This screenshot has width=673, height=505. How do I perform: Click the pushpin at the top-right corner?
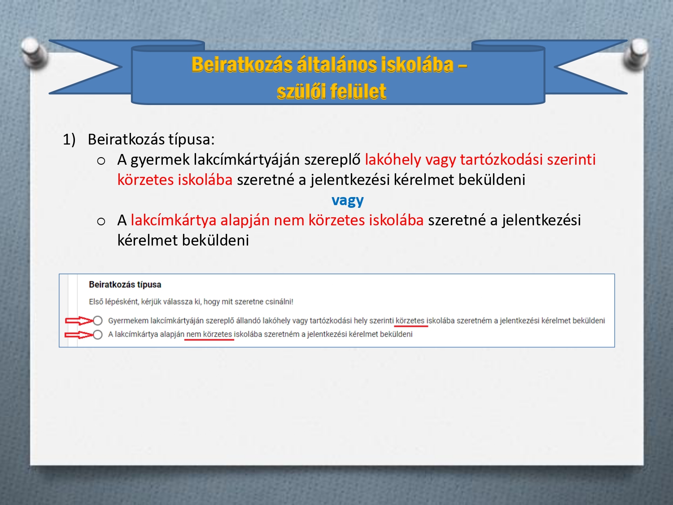pos(638,54)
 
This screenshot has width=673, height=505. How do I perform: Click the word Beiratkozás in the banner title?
pos(242,65)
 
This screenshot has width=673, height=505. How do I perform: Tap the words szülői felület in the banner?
pos(331,92)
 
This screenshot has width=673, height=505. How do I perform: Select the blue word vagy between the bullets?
pos(347,200)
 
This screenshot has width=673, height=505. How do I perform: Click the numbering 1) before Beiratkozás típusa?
pos(69,140)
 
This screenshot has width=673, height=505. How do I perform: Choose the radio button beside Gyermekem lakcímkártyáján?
pos(98,321)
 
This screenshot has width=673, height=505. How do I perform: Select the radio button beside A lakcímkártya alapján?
pos(98,334)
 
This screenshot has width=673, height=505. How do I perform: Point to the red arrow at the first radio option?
pos(79,321)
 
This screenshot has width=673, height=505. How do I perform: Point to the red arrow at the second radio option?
pos(79,335)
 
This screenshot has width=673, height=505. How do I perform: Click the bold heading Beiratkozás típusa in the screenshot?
pos(125,285)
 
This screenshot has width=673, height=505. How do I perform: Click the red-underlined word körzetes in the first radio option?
pos(410,321)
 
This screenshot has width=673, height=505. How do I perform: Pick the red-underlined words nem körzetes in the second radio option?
pos(209,334)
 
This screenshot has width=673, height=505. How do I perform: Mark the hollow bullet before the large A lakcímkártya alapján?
pos(101,221)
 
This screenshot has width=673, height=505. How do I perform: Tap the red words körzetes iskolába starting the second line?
pos(175,180)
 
